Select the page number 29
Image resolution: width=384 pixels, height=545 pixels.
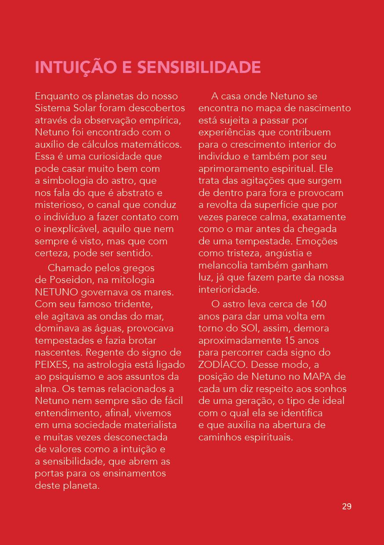[347, 506]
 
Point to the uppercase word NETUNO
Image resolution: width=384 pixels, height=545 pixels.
[57, 292]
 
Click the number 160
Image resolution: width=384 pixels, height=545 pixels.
[318, 304]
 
